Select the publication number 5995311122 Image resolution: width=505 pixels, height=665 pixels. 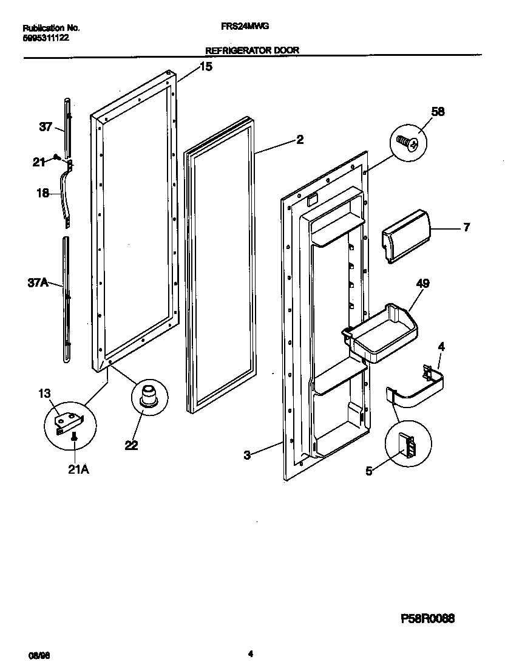(x=46, y=37)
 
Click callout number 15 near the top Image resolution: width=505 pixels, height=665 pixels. (x=206, y=67)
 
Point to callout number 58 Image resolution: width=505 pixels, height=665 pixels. (x=438, y=111)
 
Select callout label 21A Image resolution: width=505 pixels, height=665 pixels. (x=78, y=469)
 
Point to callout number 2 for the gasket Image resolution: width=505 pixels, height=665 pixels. (x=299, y=140)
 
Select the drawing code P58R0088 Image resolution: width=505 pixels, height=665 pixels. (x=428, y=619)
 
